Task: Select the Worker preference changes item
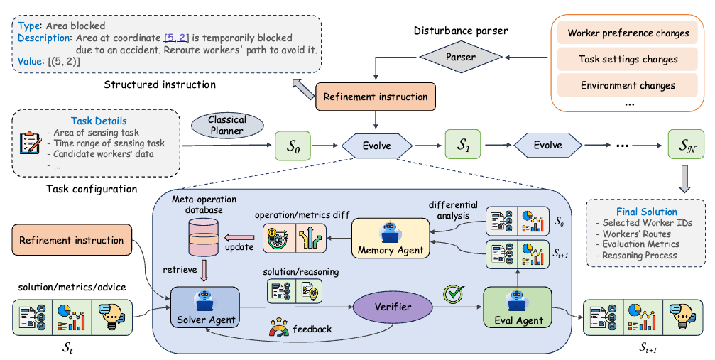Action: (628, 33)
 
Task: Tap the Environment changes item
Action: (628, 86)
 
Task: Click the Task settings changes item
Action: (628, 60)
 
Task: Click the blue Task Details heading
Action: (99, 121)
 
